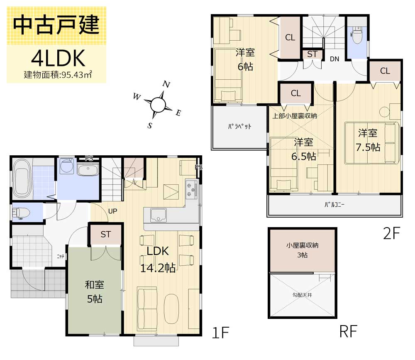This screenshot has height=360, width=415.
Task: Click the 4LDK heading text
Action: coord(58,58)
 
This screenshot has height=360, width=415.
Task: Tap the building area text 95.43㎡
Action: coord(77,75)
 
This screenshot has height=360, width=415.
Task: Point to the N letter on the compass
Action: coord(166,84)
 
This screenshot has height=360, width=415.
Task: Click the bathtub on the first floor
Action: coord(22,179)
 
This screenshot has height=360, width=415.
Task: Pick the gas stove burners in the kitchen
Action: coord(191,189)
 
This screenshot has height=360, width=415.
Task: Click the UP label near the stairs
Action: coord(112,211)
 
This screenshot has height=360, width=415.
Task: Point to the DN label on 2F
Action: coord(334,59)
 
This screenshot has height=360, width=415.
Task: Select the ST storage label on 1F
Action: coord(105,234)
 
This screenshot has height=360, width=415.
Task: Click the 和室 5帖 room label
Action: coord(95,291)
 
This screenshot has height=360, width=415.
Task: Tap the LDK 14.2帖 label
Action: coord(158,260)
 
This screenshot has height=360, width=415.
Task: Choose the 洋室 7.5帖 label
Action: coord(368,140)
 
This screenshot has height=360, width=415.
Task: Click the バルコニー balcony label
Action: coord(334,205)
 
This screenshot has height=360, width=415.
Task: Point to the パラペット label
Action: coord(239,126)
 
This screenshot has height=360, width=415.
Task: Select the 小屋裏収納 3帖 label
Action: coord(302,250)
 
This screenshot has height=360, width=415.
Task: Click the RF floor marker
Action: coord(348,331)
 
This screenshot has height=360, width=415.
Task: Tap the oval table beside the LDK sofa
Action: coord(171,309)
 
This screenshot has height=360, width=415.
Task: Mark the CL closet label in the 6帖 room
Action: coord(290,37)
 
